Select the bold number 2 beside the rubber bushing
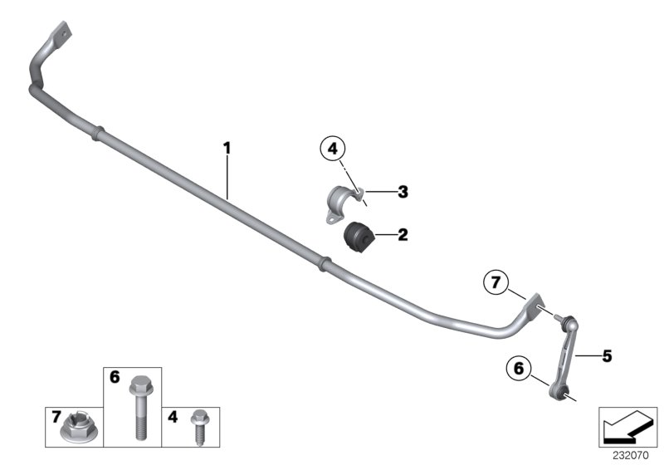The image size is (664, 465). [403, 235]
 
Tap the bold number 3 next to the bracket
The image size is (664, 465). [403, 192]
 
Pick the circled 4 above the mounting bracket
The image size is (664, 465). [332, 149]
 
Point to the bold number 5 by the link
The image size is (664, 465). [607, 356]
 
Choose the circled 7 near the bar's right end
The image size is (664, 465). [496, 283]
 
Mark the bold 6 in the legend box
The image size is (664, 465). [115, 378]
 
